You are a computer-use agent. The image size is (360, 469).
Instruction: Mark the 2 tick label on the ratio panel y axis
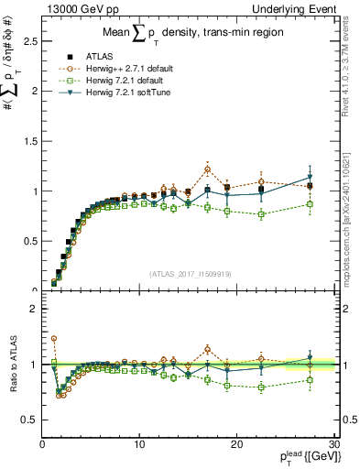pos(34,309)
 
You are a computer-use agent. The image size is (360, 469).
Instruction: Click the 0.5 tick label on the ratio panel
pos(30,420)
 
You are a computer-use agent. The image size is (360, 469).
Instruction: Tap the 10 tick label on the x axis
pos(139,444)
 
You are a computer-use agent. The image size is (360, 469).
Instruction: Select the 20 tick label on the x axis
pos(236,444)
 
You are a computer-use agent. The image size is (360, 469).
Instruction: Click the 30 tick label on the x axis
pos(333,444)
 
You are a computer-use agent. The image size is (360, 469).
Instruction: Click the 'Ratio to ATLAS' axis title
pos(12,365)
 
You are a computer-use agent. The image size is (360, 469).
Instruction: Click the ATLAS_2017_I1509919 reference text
pos(189,273)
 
